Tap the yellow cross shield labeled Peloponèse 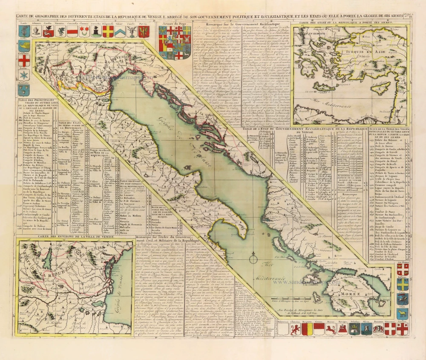click(x=109, y=31)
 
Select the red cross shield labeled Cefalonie click(x=23, y=60)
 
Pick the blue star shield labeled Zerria click(x=23, y=75)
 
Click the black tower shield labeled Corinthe click(x=96, y=31)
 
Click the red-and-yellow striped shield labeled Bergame click(x=308, y=329)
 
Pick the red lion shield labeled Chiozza click(x=295, y=329)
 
